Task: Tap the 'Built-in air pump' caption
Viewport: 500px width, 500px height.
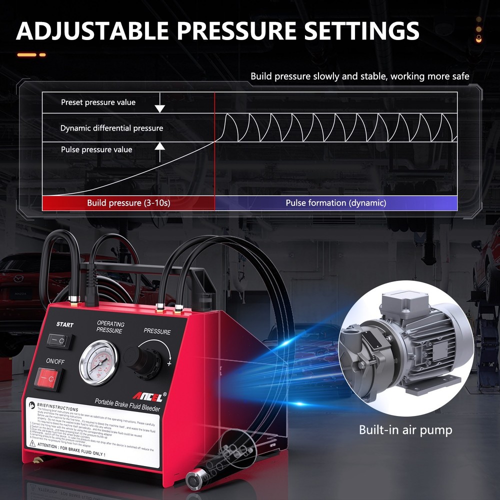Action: pyautogui.click(x=405, y=429)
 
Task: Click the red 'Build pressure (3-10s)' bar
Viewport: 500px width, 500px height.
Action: pyautogui.click(x=128, y=203)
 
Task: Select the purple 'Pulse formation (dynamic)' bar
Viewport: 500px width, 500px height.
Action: pyautogui.click(x=336, y=203)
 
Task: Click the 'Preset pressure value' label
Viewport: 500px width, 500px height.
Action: pyautogui.click(x=98, y=102)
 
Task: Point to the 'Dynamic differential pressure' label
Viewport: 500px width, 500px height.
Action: pyautogui.click(x=111, y=128)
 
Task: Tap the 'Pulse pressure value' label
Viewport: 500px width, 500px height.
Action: pyautogui.click(x=96, y=149)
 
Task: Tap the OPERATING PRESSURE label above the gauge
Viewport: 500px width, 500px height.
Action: pyautogui.click(x=110, y=327)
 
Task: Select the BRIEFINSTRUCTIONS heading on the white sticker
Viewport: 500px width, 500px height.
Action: pyautogui.click(x=57, y=408)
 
